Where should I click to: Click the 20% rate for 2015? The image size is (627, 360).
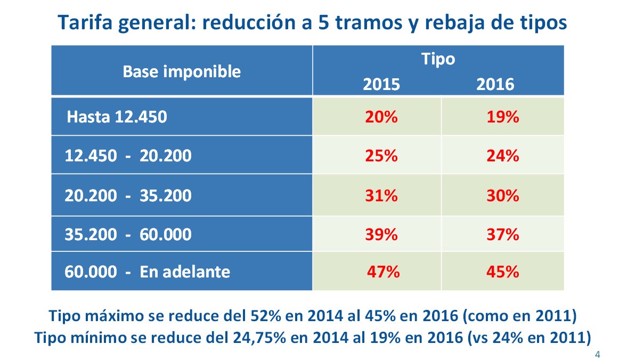click(381, 117)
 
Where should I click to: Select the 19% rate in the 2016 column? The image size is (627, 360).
click(502, 117)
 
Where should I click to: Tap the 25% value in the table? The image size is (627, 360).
click(381, 156)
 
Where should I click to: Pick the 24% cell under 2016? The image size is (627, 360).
click(502, 156)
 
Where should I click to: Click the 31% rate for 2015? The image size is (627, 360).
click(381, 195)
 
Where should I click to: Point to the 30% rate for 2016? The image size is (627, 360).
click(502, 195)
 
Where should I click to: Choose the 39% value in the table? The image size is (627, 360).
click(381, 234)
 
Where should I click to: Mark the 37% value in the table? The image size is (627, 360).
click(502, 234)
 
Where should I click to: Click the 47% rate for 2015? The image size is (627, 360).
click(383, 272)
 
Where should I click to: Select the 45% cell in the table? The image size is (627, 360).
click(502, 272)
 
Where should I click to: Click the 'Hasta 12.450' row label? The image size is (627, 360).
click(117, 117)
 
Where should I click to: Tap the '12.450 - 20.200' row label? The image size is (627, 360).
click(128, 156)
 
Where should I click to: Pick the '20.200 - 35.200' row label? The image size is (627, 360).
click(128, 195)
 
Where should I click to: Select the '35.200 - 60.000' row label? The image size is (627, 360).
click(128, 234)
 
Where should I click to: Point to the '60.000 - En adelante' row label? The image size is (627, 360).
click(148, 272)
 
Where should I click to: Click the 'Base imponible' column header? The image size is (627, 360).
click(182, 71)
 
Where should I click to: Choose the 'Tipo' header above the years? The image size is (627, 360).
click(438, 59)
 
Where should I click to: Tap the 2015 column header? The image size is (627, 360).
click(381, 84)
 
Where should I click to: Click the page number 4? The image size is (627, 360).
click(598, 354)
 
